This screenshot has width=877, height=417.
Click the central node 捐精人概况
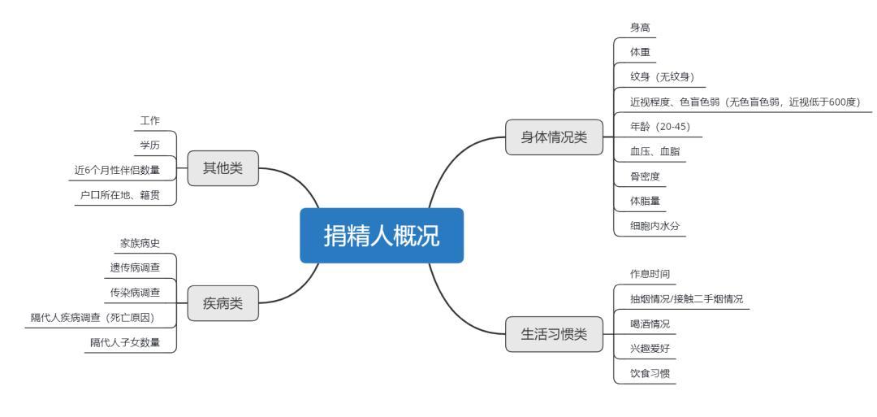[382, 236]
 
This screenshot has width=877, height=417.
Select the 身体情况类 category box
[553, 137]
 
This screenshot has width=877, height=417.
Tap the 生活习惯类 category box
[553, 334]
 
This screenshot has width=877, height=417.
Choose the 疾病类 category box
[222, 304]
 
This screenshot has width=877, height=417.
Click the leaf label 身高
[640, 28]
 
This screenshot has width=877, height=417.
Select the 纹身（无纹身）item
[662, 77]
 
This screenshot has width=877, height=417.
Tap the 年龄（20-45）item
[660, 126]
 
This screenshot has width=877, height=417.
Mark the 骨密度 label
[645, 175]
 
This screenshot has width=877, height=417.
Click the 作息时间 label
[650, 274]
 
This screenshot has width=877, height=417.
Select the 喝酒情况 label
[650, 324]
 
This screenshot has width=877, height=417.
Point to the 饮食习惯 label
[650, 373]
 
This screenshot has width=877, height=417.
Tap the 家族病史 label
[140, 243]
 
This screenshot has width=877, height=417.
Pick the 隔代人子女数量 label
[125, 342]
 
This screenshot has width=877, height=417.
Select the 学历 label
[150, 146]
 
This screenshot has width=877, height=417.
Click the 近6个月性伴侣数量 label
[117, 171]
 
